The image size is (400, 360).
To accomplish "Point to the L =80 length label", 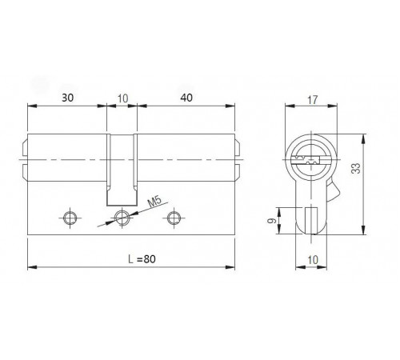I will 134,258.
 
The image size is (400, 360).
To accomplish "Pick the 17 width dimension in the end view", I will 311,101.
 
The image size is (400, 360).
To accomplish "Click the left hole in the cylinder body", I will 70,216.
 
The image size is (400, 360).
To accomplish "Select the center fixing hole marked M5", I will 122,216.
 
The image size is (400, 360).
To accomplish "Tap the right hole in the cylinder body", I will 173,216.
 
